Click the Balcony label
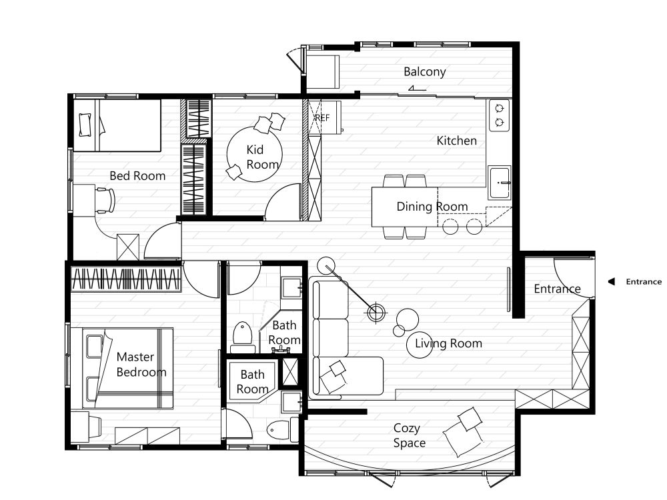click(x=424, y=72)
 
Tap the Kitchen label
click(x=456, y=141)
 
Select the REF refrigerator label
click(x=322, y=118)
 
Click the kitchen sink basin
click(x=500, y=183)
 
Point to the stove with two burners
click(x=500, y=115)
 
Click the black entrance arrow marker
click(x=611, y=281)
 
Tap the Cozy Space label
click(x=410, y=435)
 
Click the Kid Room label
click(x=262, y=157)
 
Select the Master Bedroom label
click(x=141, y=365)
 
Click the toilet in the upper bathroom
click(x=243, y=337)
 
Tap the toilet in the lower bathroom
click(x=279, y=430)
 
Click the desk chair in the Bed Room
click(x=105, y=200)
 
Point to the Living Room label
click(x=448, y=343)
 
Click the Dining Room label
click(x=432, y=207)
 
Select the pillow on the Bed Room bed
click(x=85, y=125)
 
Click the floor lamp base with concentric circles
click(x=376, y=313)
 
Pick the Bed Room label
click(x=137, y=176)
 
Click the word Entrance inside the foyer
click(x=557, y=289)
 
